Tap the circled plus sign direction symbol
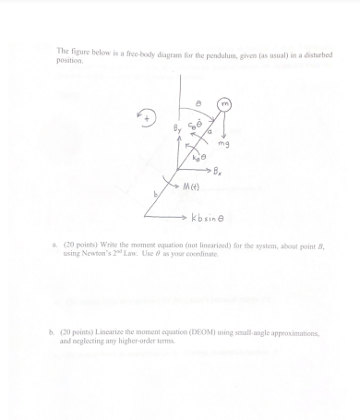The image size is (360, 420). point(145,116)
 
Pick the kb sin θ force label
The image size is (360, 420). point(209,219)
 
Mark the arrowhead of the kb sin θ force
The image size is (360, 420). point(185,219)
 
